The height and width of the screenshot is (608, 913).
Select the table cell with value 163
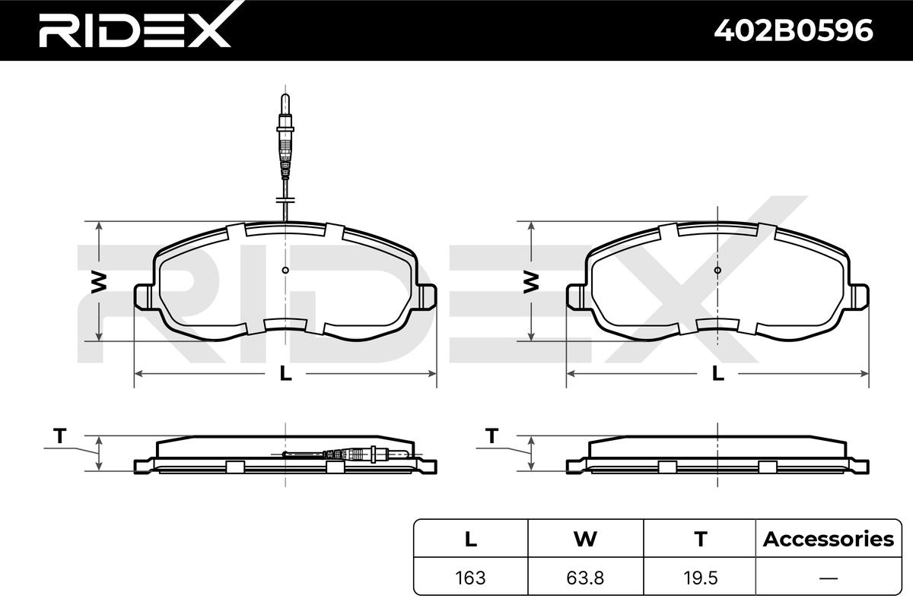tap(470, 578)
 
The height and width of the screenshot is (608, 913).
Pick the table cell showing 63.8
tap(585, 578)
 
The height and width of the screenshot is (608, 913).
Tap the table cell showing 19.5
tap(700, 578)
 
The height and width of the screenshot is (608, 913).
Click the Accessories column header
tap(829, 539)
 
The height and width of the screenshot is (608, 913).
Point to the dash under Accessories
tap(829, 578)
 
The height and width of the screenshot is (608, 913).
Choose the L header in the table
tap(471, 539)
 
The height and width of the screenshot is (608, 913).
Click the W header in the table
tap(585, 539)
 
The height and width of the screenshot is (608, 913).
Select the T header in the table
tap(700, 539)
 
